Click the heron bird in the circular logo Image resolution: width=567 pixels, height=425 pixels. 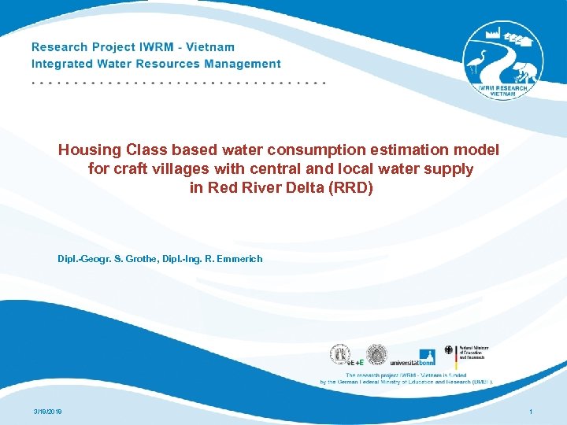point(476,61)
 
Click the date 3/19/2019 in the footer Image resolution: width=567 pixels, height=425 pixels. point(49,412)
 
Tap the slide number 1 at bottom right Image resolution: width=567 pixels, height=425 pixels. point(532,412)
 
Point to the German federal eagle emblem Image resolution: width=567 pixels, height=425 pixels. point(449,351)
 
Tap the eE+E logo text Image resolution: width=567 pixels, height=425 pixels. point(356,363)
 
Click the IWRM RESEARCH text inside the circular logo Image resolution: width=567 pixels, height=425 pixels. point(502,88)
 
